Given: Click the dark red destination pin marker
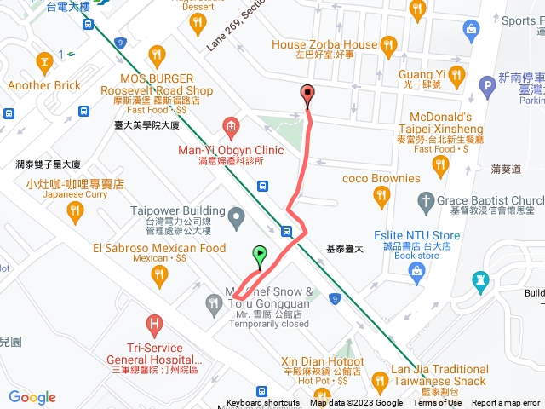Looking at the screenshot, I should point(307,95).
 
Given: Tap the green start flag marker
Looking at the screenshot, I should point(260,254).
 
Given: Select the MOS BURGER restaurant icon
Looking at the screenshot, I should point(156,56).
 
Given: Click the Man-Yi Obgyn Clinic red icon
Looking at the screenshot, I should point(231,128).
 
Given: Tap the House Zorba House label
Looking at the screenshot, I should point(324,44).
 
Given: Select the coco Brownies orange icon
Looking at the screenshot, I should point(381,198).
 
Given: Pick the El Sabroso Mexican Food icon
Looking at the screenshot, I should point(158,274).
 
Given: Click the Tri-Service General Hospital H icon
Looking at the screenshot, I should point(154,324).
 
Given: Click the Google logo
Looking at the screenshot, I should point(32,397).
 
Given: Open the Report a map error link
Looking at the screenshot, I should point(507,403).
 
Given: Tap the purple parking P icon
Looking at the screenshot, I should point(487,84).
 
